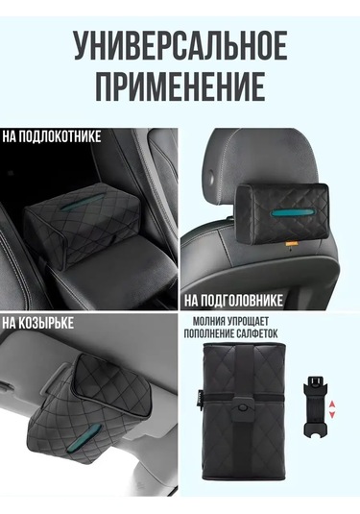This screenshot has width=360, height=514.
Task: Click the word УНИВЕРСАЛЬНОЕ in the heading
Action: (x=180, y=45)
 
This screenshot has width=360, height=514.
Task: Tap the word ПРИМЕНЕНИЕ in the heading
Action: (x=180, y=85)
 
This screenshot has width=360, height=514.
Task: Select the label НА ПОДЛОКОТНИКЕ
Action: (x=52, y=136)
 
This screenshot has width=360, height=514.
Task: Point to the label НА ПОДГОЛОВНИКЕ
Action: (x=233, y=301)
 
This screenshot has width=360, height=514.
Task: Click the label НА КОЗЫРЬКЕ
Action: (x=38, y=323)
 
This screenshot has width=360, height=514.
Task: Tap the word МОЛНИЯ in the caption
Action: (x=209, y=320)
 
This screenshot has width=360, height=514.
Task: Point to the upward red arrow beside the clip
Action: (x=332, y=403)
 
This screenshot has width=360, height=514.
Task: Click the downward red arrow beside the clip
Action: (x=332, y=414)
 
